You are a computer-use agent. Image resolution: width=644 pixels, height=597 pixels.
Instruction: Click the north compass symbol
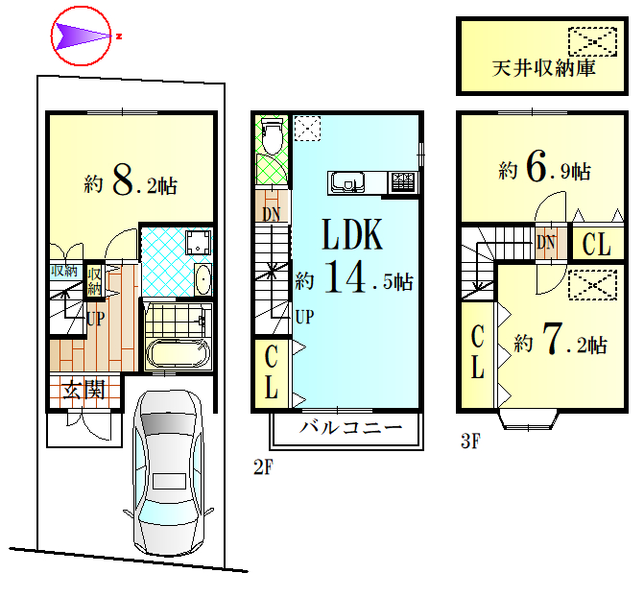pos(82,36)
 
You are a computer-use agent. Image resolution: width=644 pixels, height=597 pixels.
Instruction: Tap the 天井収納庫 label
pos(544,68)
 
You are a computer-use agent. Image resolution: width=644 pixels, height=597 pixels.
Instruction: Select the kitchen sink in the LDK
pos(348,182)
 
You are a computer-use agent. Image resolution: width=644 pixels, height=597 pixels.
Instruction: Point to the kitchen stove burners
pos(403,181)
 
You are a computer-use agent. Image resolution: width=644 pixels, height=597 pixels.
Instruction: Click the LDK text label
pos(352,234)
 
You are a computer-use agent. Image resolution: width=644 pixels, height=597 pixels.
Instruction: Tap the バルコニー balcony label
pos(351,428)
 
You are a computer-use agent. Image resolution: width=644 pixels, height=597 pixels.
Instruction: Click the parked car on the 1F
pos(168,472)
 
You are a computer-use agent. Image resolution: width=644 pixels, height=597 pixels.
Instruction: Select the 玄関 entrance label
pos(84,390)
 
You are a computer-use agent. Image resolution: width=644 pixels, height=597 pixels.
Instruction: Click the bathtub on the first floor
pos(178,354)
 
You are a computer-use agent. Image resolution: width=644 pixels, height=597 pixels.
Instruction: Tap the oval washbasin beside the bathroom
pos(203,279)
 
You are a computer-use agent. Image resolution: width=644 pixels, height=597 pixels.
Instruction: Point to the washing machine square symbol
pos(199,243)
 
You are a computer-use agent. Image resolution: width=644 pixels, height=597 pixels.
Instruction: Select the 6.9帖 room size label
pos(544,169)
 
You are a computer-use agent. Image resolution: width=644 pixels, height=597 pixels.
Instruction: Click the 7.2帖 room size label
pos(561,340)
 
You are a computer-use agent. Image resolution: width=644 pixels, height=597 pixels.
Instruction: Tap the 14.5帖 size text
pos(354,279)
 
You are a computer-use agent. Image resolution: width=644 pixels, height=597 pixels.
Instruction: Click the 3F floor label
pos(470,441)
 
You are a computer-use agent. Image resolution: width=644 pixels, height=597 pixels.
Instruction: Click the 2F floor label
pos(263,467)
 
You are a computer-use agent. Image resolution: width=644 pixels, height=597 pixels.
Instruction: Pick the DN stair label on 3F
pos(546,243)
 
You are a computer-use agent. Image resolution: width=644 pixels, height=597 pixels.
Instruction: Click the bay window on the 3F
pos(529,419)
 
